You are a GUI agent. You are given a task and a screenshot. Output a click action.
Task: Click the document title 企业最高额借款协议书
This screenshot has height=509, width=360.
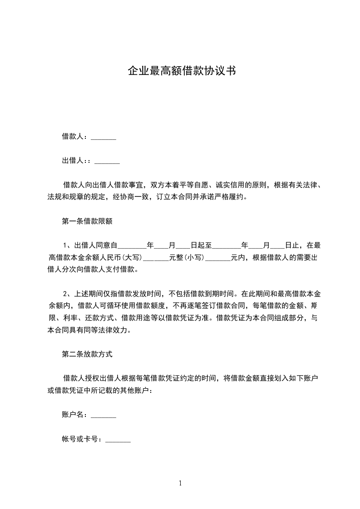tap(181, 71)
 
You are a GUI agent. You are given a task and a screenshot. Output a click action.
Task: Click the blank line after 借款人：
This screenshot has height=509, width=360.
tap(104, 137)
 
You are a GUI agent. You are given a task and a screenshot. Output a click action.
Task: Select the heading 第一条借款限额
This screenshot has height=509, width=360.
tap(87, 222)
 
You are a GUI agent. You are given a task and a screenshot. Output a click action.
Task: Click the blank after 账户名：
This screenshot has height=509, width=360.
tap(104, 415)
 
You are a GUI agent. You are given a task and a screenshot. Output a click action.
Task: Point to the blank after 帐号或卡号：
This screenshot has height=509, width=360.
tap(118, 439)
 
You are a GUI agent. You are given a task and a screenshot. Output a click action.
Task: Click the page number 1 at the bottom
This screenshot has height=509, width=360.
tap(180, 483)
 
